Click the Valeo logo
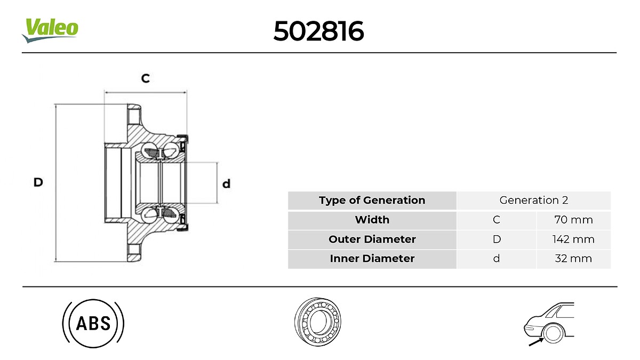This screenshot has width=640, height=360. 50,30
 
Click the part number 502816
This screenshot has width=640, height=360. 318,31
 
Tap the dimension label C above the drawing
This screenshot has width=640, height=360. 145,78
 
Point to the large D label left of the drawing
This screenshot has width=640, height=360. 38,182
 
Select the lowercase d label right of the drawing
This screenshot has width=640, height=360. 226,184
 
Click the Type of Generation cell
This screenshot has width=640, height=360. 372,201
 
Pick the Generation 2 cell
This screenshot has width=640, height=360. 533,201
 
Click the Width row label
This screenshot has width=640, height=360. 372,220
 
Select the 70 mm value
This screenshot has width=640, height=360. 573,220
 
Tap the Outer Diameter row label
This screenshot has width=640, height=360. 372,239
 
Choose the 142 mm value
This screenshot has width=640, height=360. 573,239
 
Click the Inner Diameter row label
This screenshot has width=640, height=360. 372,259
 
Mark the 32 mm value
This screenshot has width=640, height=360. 573,259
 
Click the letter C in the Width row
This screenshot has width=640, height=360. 497,220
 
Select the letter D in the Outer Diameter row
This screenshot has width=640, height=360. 497,239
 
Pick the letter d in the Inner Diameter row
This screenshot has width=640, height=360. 497,259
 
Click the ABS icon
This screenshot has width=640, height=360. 93,323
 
